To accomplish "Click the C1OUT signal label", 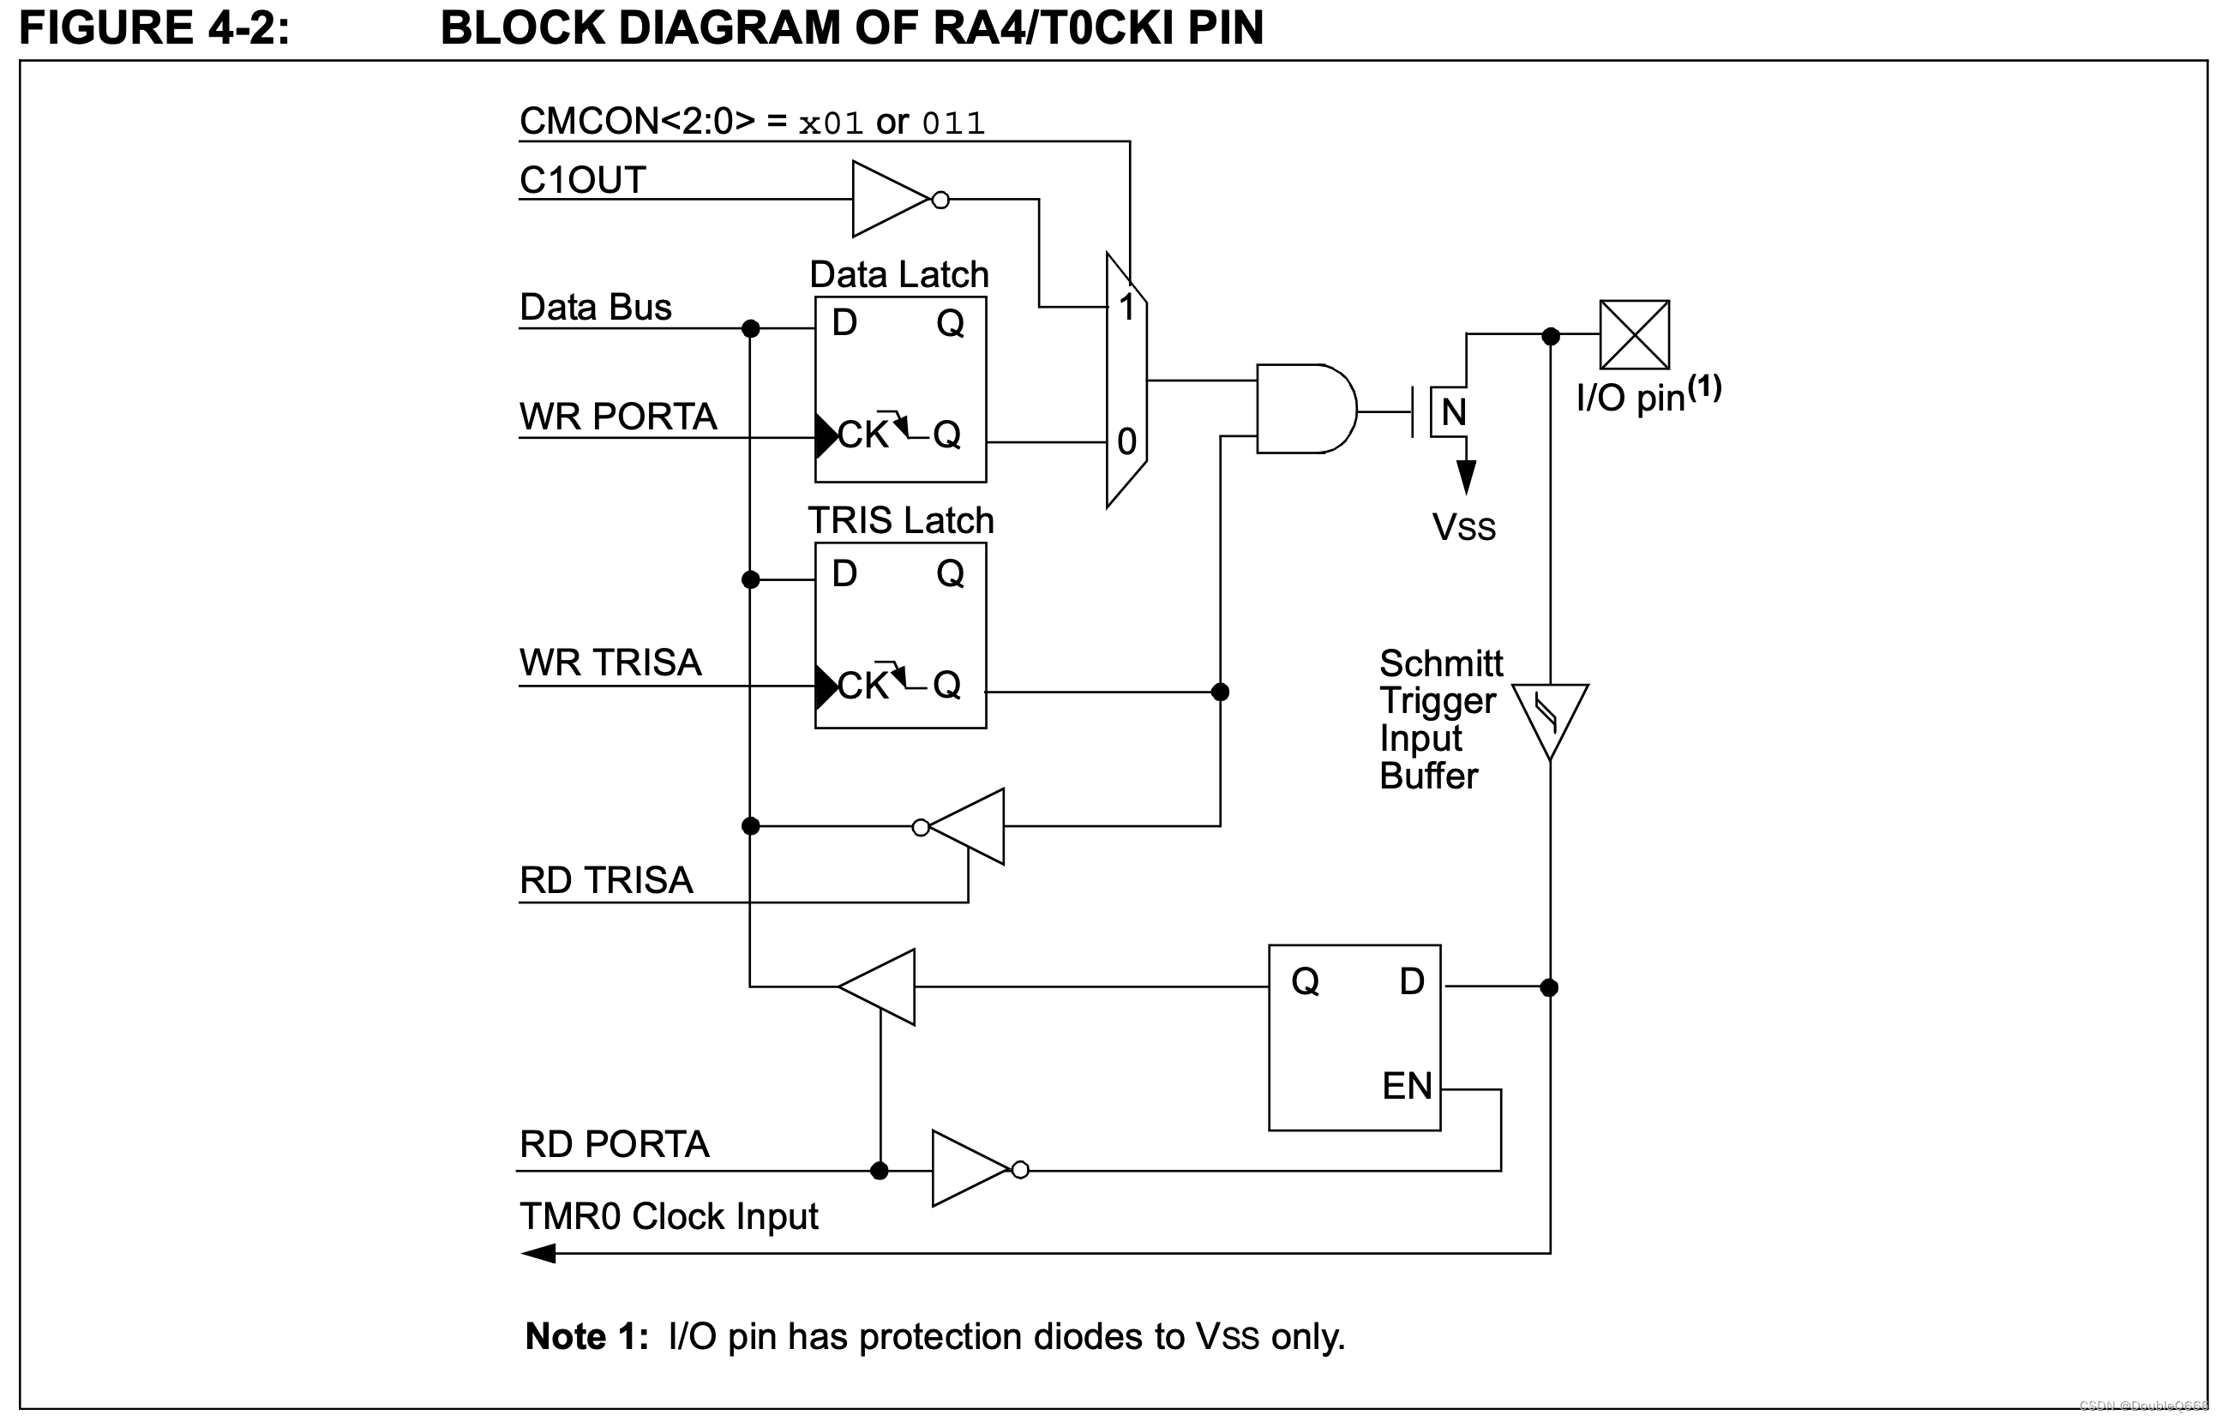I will [x=582, y=180].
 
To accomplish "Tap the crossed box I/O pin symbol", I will [x=1634, y=335].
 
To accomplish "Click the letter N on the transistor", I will [x=1453, y=412].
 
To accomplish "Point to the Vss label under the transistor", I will [x=1463, y=527].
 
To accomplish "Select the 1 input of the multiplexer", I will [x=1126, y=308].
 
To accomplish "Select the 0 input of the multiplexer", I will [x=1126, y=442].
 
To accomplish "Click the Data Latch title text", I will [x=898, y=274].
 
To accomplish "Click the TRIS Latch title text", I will [x=901, y=520].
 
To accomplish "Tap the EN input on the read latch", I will [x=1406, y=1086].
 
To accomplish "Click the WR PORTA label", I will [x=618, y=417].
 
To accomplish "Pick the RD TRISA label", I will [x=606, y=880].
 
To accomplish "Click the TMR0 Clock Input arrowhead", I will [x=539, y=1253].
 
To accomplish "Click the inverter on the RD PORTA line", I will [x=970, y=1168].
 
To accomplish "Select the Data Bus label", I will [x=595, y=308].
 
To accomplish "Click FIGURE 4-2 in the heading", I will [x=154, y=27].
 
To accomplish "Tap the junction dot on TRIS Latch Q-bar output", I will [x=1220, y=692].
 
